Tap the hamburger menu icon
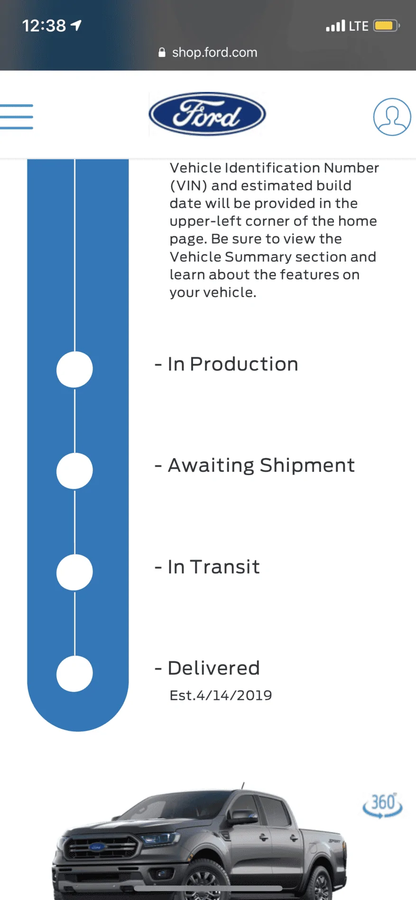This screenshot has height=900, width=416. pos(17,117)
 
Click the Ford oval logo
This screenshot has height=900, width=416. pos(207,114)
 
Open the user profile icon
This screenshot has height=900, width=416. pos(392,117)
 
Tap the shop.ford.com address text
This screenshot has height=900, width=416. pos(214,53)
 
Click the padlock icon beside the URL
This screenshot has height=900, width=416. pos(162,52)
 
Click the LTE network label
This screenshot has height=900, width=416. pos(359,26)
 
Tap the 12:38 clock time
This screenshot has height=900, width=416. pos(44,26)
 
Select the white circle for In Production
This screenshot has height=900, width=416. pos(74,369)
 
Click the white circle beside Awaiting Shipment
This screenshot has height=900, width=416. pos(74,471)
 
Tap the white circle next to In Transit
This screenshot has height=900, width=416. pos(74,572)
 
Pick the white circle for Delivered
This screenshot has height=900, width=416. pos(74,674)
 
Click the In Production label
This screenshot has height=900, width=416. pos(233,364)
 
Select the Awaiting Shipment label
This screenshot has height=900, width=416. pos(261,466)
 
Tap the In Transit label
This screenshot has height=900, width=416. pos(213,567)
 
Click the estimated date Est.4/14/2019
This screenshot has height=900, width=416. pos(221,695)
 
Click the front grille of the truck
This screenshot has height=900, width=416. pos(101,846)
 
